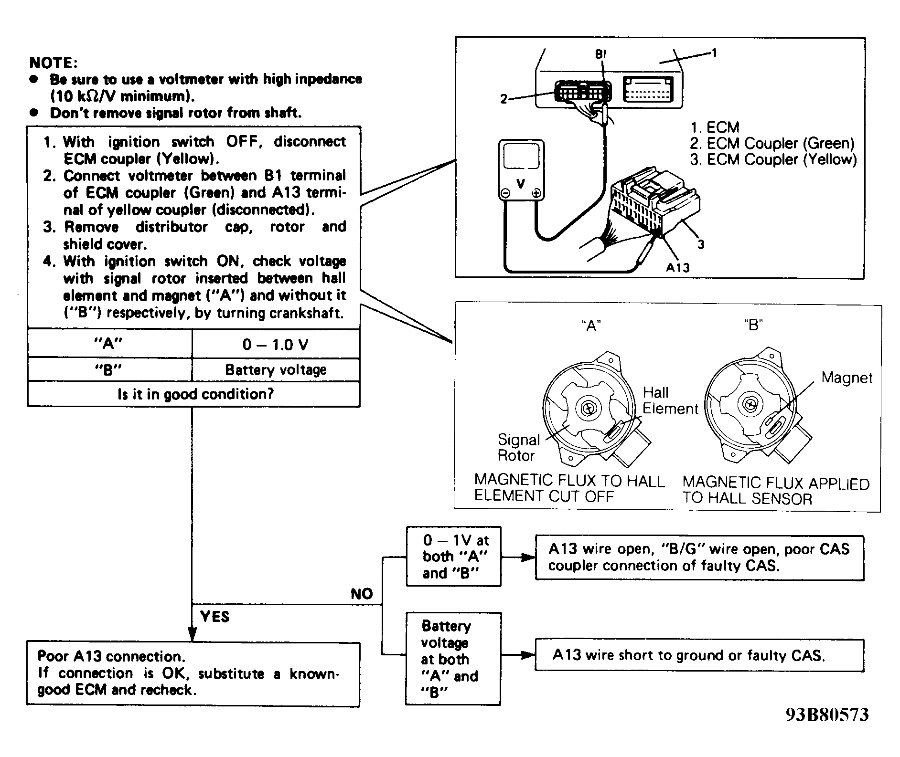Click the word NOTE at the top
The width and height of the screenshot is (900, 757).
[53, 63]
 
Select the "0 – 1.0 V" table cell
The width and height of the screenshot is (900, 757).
[276, 344]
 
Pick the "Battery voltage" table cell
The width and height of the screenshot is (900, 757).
[276, 370]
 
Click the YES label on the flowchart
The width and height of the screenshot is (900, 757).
[215, 617]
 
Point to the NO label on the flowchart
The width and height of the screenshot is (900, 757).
[362, 594]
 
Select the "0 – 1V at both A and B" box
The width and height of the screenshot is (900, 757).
[453, 557]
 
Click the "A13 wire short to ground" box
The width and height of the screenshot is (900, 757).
[699, 655]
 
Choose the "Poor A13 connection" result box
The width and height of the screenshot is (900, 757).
[193, 674]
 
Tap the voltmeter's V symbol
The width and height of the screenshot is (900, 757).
[521, 183]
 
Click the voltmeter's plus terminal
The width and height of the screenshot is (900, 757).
[536, 194]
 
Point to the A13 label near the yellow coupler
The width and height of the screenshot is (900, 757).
[678, 268]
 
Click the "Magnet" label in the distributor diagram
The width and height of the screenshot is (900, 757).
[847, 378]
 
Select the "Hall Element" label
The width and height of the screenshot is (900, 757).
[670, 400]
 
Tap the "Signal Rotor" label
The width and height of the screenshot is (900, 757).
[518, 447]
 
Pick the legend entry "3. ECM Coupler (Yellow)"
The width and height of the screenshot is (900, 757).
[773, 159]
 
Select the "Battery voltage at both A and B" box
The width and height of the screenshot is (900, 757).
[453, 659]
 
